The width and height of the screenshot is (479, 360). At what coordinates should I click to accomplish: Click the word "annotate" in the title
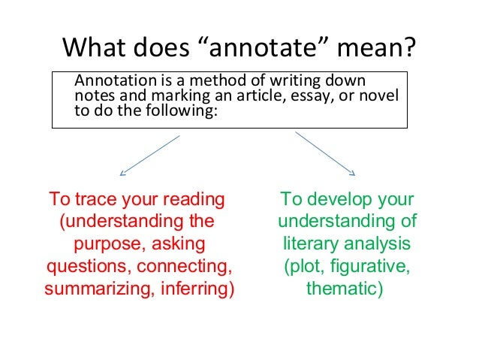click(274, 48)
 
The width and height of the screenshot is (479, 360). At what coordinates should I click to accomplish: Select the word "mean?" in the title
click(378, 48)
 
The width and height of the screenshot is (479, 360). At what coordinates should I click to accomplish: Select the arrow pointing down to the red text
click(150, 155)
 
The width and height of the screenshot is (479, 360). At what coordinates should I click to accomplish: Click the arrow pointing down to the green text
click(324, 155)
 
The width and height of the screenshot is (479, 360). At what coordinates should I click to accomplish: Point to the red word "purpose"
click(110, 244)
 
